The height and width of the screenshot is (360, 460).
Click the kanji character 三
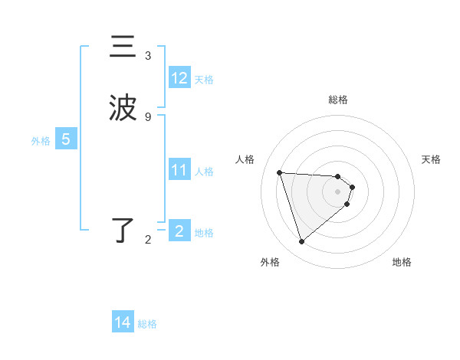coord(123,47)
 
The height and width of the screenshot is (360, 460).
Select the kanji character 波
coord(123,109)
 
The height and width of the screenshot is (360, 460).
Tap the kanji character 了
coord(123,231)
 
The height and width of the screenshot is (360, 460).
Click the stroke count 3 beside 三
coord(148,56)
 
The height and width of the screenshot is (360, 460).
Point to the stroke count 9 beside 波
coord(148,116)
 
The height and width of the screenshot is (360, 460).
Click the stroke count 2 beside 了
coord(148,240)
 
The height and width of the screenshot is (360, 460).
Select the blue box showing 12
coord(179,79)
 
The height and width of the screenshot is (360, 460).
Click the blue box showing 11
coord(179,170)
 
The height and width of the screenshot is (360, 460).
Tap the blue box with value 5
coord(66,140)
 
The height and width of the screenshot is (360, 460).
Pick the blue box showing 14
coord(123,323)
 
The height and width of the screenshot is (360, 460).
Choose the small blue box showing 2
coord(179,231)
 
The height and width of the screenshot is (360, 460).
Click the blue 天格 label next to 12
coord(204,80)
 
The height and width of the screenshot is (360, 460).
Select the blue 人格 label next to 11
coord(205,171)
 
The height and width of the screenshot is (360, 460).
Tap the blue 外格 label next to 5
coord(41,141)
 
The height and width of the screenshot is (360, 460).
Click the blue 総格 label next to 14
coord(147,324)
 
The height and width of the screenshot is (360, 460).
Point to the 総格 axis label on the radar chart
coord(338,100)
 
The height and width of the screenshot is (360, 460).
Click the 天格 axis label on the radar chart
coord(432,159)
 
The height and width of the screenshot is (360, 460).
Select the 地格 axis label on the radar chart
coord(402,262)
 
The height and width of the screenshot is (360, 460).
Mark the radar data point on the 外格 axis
coord(301,242)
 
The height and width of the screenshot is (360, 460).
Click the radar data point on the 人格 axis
coord(279,172)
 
